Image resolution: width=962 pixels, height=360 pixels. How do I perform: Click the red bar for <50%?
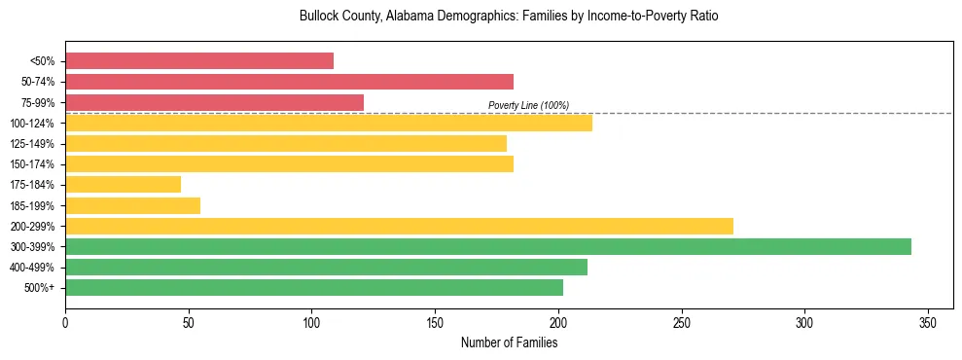point(199,61)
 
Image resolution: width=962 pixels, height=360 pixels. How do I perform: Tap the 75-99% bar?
point(214,102)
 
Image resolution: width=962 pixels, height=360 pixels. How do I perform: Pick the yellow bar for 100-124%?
point(329,123)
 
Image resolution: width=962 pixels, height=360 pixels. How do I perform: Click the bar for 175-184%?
point(123,184)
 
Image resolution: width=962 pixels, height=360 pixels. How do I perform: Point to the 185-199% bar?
point(132,205)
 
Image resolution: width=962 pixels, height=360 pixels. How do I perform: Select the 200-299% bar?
point(399,226)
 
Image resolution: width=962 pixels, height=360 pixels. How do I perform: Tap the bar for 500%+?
point(314,288)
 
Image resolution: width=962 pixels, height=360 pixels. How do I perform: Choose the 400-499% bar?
point(326,268)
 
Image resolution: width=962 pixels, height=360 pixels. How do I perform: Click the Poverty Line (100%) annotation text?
point(528,105)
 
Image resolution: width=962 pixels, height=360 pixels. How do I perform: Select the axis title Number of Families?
point(509,342)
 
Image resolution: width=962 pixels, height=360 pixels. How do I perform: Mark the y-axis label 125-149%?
point(31,144)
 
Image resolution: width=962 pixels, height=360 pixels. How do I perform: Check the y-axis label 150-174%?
point(31,164)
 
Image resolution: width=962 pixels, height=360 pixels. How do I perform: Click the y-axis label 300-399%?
point(31,247)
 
